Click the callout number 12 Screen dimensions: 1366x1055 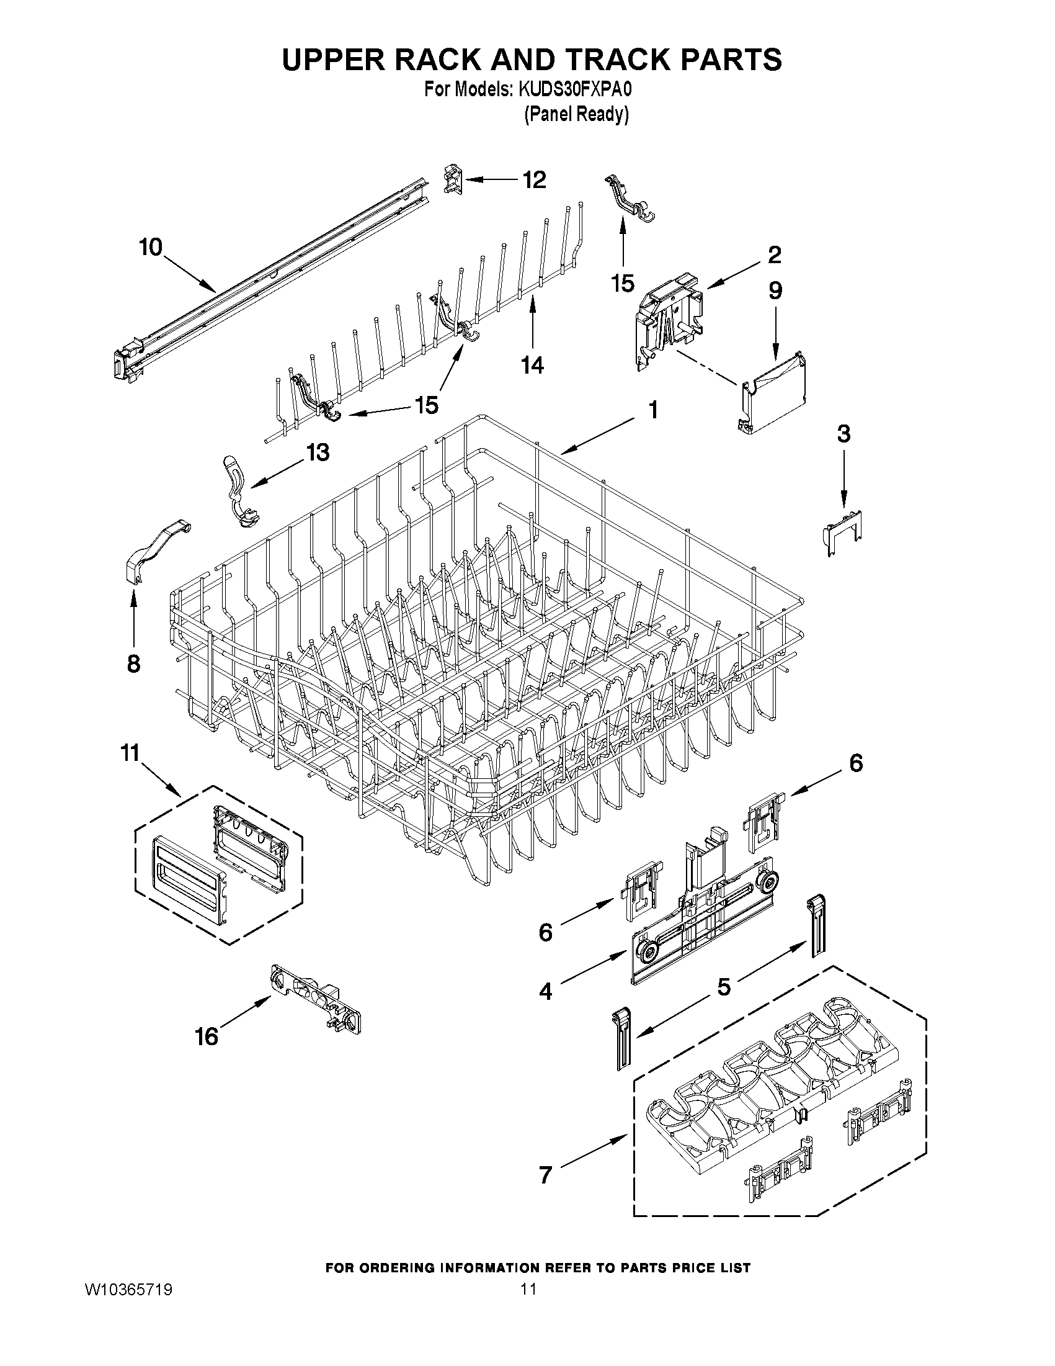(x=535, y=180)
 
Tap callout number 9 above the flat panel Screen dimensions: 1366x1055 (x=775, y=290)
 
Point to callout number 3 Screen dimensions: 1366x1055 (x=844, y=433)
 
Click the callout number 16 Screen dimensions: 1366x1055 (x=207, y=1037)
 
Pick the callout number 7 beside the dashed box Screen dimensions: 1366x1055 (x=546, y=1175)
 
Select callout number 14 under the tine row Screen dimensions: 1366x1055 (x=533, y=365)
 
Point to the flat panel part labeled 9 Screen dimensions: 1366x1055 (x=774, y=395)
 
